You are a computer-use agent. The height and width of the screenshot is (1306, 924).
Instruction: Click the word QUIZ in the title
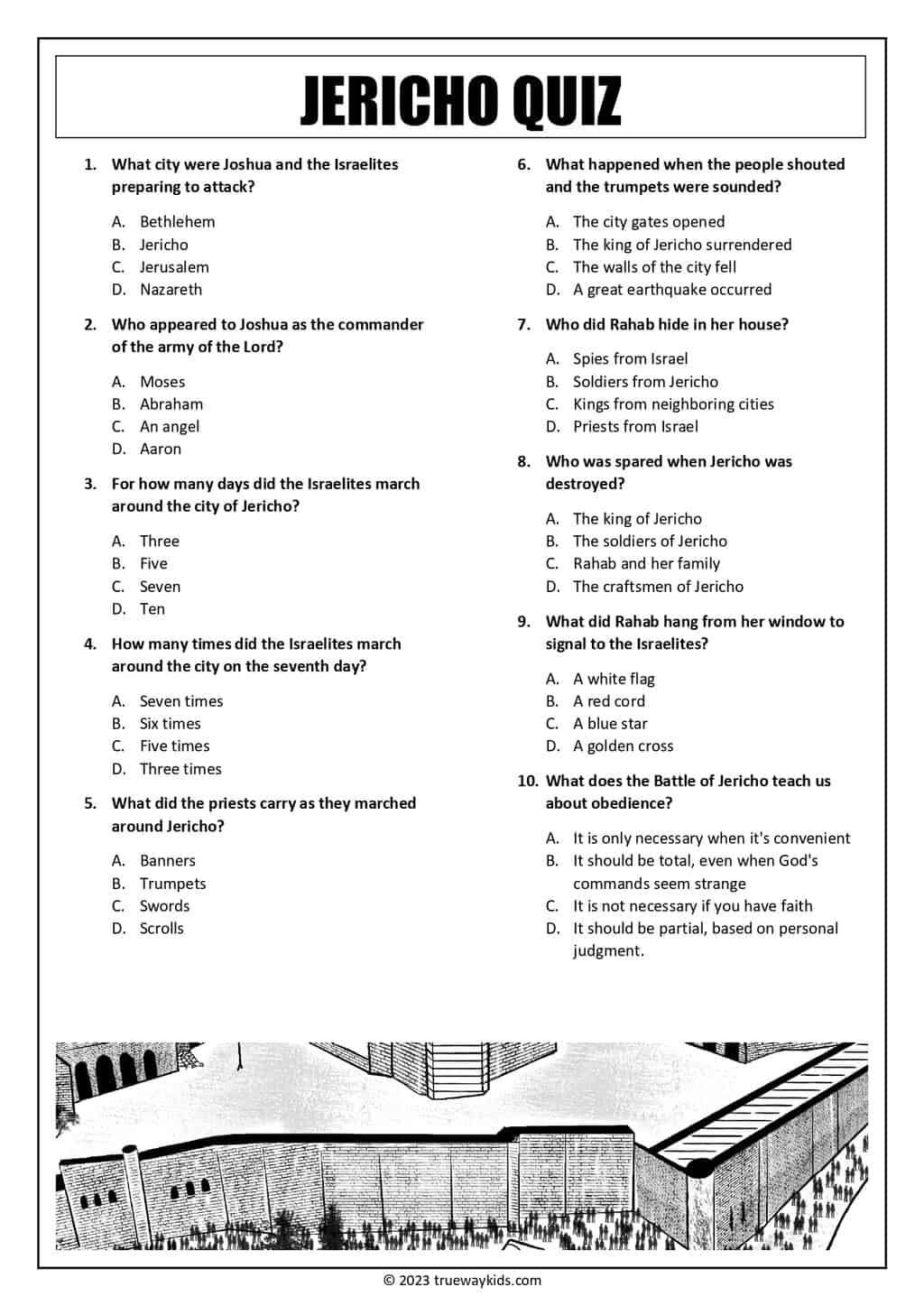(x=567, y=100)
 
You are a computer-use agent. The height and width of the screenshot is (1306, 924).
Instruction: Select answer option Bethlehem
(x=177, y=222)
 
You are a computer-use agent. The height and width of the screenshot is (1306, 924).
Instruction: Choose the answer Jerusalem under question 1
(x=174, y=267)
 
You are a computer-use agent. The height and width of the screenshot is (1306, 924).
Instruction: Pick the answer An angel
(x=169, y=427)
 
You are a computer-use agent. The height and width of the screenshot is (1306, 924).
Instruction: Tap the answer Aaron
(x=160, y=449)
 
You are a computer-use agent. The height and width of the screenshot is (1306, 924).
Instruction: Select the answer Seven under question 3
(x=160, y=587)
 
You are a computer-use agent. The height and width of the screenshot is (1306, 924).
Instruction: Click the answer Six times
(x=170, y=724)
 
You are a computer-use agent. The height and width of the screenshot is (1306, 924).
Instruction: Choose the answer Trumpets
(x=172, y=884)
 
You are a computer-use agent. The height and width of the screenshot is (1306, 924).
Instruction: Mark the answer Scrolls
(x=162, y=929)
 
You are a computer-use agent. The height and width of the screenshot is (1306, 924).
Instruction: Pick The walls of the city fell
(x=654, y=267)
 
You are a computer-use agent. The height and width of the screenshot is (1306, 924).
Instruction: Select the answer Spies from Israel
(x=630, y=359)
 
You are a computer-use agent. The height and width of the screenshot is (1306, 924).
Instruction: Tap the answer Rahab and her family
(x=646, y=564)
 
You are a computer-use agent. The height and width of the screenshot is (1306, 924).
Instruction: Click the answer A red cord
(x=609, y=701)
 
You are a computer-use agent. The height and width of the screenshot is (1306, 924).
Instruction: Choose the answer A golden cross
(x=623, y=746)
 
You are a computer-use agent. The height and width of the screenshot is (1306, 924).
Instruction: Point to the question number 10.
(x=528, y=782)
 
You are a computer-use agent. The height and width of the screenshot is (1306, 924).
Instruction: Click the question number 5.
(x=90, y=804)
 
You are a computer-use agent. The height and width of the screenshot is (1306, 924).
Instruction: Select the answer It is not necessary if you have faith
(x=692, y=906)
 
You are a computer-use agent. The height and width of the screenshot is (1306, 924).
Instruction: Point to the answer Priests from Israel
(x=635, y=427)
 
